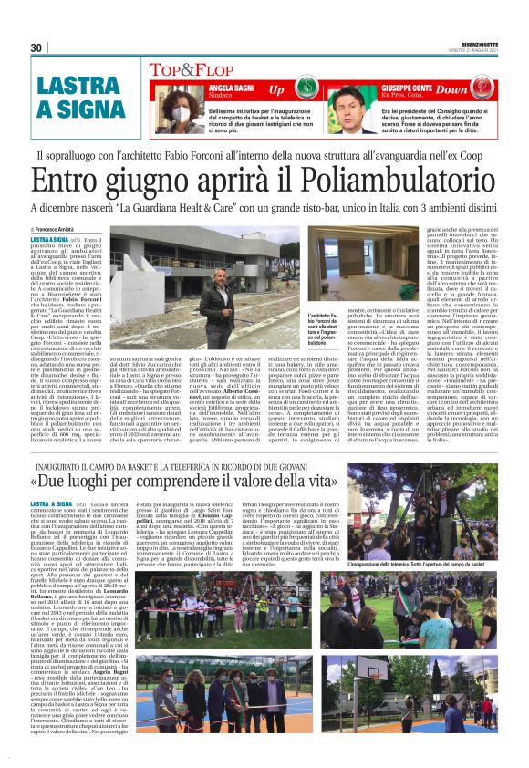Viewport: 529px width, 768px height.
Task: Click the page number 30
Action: coord(36,47)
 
